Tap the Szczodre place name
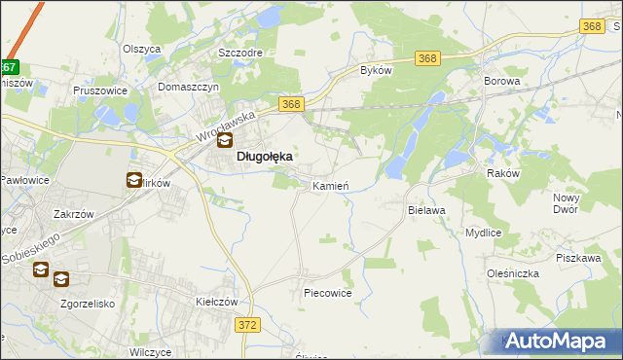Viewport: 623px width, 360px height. coord(241,52)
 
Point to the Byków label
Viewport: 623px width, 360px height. coord(376,71)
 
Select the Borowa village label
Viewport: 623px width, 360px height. coord(502,82)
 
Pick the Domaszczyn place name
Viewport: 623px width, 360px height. coord(190,86)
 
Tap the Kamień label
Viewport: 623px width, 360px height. coord(330,185)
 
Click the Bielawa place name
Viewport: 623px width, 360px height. coord(426,209)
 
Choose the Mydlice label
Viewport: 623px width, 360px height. coord(483,234)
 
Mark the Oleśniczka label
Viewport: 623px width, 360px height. coord(516,273)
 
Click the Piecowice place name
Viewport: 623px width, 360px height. coord(327,292)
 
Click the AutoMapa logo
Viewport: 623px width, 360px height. coord(558,342)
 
